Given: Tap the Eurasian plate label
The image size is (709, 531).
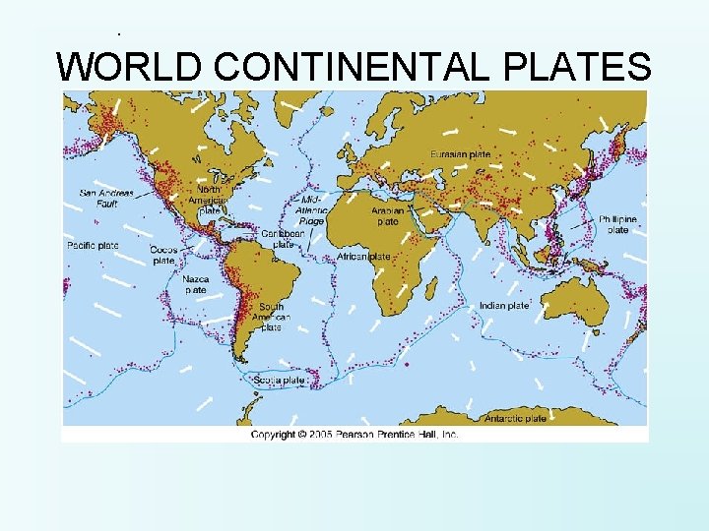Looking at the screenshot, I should pos(460,154).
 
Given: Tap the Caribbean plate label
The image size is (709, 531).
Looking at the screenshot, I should pos(283,239).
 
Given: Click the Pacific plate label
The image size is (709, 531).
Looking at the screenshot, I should pos(93,245).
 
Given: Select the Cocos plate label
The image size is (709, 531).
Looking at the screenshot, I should pos(163,256).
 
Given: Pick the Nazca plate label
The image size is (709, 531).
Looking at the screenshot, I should pos(196,284).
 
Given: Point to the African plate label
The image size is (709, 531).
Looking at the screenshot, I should pos(364,256).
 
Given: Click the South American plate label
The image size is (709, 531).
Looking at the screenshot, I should pos(270,317).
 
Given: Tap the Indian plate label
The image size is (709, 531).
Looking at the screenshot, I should pos(504,306).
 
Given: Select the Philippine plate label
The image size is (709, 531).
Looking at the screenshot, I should pos(617,224).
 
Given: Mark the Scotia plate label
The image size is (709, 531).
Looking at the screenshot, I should pos(279,380).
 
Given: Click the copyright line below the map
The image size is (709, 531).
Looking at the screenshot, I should pos(354,434).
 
